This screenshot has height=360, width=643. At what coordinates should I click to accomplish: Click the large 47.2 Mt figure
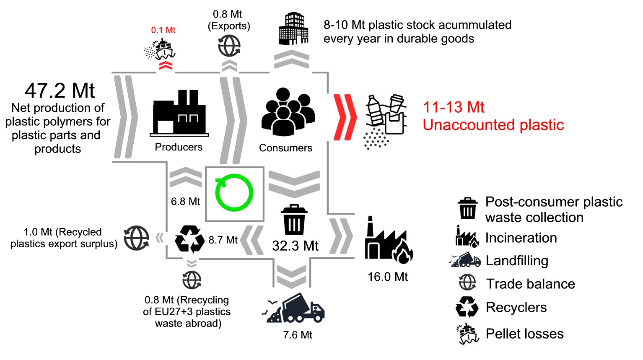point(60,91)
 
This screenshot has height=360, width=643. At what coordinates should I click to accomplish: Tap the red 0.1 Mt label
point(163,30)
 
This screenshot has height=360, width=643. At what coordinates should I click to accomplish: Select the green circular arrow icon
point(234,193)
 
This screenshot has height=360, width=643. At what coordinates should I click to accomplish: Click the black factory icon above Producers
point(179,113)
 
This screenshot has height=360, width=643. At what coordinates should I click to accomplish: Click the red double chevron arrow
point(345,117)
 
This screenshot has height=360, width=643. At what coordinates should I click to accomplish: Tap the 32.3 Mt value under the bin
point(295,246)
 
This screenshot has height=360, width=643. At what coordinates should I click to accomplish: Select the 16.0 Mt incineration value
point(388,277)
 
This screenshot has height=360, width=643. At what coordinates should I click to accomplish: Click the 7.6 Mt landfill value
point(298,335)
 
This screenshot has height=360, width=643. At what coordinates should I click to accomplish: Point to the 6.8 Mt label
point(185,202)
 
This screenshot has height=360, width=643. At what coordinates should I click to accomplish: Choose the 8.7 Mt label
point(223,240)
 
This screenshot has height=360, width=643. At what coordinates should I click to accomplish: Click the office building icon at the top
point(293,28)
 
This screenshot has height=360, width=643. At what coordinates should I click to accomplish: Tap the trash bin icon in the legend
point(467,208)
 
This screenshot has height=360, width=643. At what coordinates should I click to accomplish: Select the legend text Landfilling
point(517,261)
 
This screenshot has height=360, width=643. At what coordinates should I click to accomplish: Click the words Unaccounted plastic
point(493,125)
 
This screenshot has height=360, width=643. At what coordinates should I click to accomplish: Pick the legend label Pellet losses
point(524,334)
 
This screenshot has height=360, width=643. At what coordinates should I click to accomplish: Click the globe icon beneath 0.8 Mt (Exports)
point(229,46)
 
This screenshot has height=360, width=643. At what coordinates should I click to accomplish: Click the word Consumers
point(285,148)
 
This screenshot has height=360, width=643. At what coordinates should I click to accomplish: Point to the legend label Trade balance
point(530,284)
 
